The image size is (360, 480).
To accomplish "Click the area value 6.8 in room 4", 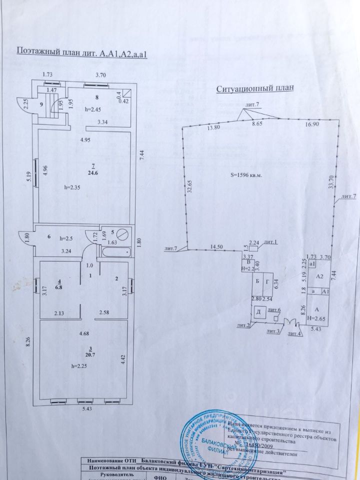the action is (59, 287).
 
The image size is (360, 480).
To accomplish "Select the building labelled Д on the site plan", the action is (259, 312).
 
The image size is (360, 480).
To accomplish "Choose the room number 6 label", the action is (49, 237).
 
